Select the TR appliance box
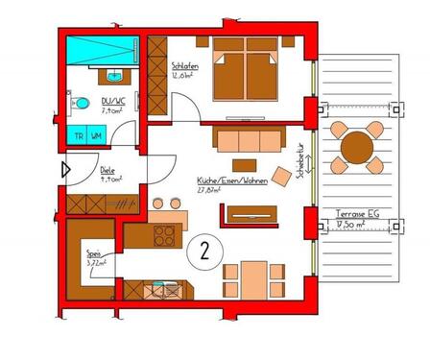pyautogui.click(x=79, y=135)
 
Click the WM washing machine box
pyautogui.click(x=96, y=135)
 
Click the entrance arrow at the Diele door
pyautogui.click(x=65, y=172)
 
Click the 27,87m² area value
pyautogui.click(x=209, y=190)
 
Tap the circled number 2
pyautogui.click(x=204, y=252)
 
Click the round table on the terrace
pyautogui.click(x=359, y=146)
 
